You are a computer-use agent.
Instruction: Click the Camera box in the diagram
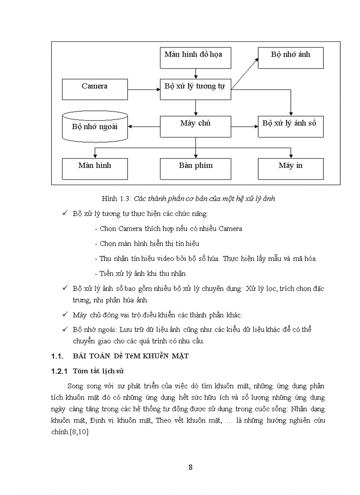pos(95,89)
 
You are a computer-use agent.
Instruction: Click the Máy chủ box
pos(195,127)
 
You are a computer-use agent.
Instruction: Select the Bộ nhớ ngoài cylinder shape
pos(95,127)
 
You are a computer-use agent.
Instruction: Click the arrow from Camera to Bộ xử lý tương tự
pos(144,90)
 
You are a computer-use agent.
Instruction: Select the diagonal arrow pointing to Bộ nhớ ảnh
pos(245,74)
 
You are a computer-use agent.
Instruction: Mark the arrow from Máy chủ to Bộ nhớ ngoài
pos(144,127)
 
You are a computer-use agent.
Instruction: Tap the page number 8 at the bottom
pos(190,467)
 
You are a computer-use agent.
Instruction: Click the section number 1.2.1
pos(60,371)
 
